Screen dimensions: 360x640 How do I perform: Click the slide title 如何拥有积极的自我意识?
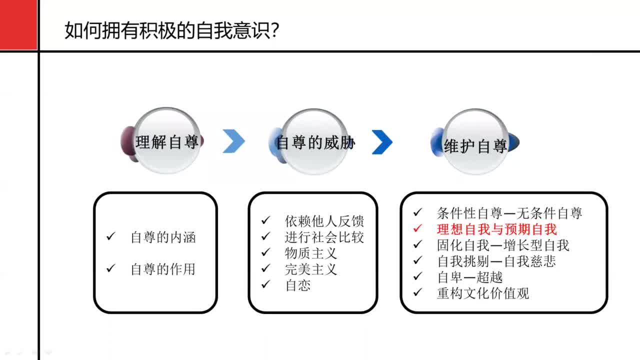[171, 31]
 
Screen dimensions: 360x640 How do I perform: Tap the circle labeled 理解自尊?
[167, 142]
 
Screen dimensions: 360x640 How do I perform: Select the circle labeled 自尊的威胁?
[315, 142]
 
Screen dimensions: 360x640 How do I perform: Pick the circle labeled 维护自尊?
[475, 145]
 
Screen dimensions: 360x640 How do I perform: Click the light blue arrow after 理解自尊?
[233, 141]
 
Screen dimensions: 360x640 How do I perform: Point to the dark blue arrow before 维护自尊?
[382, 142]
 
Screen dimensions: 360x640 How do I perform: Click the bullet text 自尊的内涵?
[163, 237]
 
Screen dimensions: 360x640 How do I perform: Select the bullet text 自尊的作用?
[163, 269]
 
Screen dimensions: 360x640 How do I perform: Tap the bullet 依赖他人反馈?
[324, 221]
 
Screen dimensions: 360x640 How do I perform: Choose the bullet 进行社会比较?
[324, 237]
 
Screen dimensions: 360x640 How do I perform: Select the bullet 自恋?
[298, 285]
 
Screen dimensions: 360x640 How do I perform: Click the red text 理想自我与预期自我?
[496, 229]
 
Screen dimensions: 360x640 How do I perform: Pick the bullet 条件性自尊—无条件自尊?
[509, 213]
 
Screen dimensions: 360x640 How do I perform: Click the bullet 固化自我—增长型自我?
[503, 245]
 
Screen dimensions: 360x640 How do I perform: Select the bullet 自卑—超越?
[469, 277]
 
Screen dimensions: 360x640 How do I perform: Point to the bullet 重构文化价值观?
[483, 293]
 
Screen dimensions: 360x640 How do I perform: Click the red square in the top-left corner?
[18, 25]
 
